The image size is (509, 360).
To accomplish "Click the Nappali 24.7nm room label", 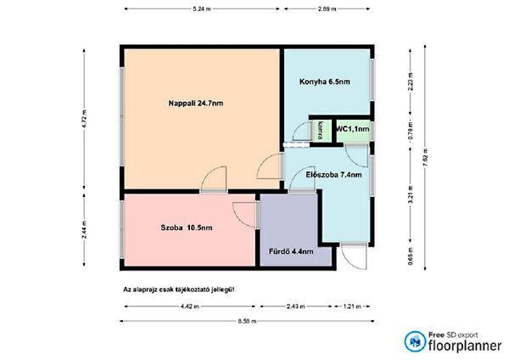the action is tap(196, 104).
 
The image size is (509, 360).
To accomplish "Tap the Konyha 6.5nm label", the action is tap(325, 82).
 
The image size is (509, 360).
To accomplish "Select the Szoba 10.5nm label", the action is tap(187, 228).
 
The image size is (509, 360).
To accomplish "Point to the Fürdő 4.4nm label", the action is tap(291, 251).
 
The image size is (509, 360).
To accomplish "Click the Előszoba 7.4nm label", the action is tap(333, 175).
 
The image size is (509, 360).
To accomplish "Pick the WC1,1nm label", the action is tap(353, 129).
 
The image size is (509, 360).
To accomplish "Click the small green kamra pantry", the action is tap(321, 131).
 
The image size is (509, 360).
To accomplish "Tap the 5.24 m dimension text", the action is tap(202, 9).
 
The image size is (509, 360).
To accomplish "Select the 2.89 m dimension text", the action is tap(327, 9).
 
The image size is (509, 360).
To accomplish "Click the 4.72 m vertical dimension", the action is tap(85, 119).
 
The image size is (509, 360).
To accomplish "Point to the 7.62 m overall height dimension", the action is tap(426, 157).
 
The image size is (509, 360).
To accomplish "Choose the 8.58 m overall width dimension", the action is tap(247, 321).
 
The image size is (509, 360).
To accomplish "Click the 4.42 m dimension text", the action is tap(190, 307).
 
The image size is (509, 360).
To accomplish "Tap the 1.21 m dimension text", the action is tap(352, 307).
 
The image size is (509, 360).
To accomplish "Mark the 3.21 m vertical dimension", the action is tap(411, 194).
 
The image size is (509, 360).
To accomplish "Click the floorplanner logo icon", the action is tap(415, 341).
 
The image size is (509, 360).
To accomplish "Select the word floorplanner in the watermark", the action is tap(465, 346).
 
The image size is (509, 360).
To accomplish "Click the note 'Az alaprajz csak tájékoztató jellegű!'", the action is tap(178, 290).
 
